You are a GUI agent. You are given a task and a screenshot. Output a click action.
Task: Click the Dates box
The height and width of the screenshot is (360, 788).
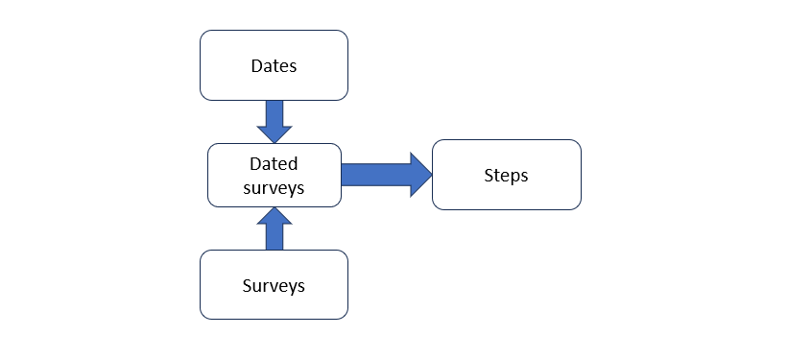(x=274, y=65)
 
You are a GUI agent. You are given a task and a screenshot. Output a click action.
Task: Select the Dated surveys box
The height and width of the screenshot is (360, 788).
(x=275, y=175)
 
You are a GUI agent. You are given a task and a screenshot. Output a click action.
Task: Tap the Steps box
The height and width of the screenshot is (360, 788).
(x=507, y=175)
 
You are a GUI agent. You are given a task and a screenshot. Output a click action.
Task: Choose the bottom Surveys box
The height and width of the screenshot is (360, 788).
(x=274, y=284)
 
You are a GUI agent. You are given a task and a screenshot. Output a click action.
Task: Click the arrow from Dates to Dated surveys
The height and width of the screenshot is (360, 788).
(x=275, y=122)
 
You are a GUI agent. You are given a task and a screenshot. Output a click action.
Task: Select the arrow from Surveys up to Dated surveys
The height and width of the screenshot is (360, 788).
(x=275, y=228)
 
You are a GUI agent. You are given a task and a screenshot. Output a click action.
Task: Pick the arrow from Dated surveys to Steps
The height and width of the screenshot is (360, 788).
(x=387, y=175)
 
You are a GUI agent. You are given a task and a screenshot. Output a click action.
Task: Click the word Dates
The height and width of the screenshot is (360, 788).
(x=274, y=66)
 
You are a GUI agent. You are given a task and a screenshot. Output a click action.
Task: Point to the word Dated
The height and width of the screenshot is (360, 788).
(x=274, y=163)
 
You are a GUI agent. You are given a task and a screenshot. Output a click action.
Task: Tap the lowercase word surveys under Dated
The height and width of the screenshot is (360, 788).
(x=274, y=187)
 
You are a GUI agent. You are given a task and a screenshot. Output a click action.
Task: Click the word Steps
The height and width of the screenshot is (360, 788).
(x=506, y=176)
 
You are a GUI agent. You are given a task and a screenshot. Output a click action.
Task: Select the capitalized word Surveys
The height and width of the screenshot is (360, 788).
(x=274, y=285)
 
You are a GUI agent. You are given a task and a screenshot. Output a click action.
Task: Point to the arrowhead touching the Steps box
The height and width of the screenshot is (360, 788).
(x=421, y=175)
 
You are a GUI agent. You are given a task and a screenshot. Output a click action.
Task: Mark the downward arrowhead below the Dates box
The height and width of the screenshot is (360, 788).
(x=275, y=134)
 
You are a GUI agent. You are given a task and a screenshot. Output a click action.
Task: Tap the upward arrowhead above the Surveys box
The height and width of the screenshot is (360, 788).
(x=275, y=216)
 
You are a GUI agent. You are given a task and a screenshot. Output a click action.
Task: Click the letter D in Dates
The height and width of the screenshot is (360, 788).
(x=257, y=66)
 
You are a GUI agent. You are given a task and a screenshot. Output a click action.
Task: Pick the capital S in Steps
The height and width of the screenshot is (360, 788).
(x=490, y=175)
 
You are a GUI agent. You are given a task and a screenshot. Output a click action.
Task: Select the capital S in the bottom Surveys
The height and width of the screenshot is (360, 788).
(x=248, y=285)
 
